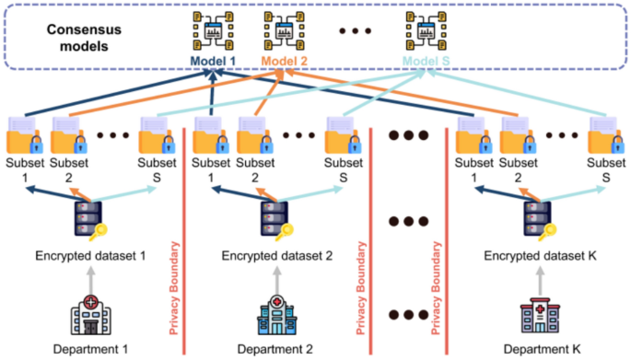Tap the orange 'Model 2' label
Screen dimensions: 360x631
click(x=286, y=62)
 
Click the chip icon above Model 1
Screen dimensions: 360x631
click(x=210, y=29)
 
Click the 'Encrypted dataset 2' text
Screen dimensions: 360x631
click(x=275, y=255)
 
